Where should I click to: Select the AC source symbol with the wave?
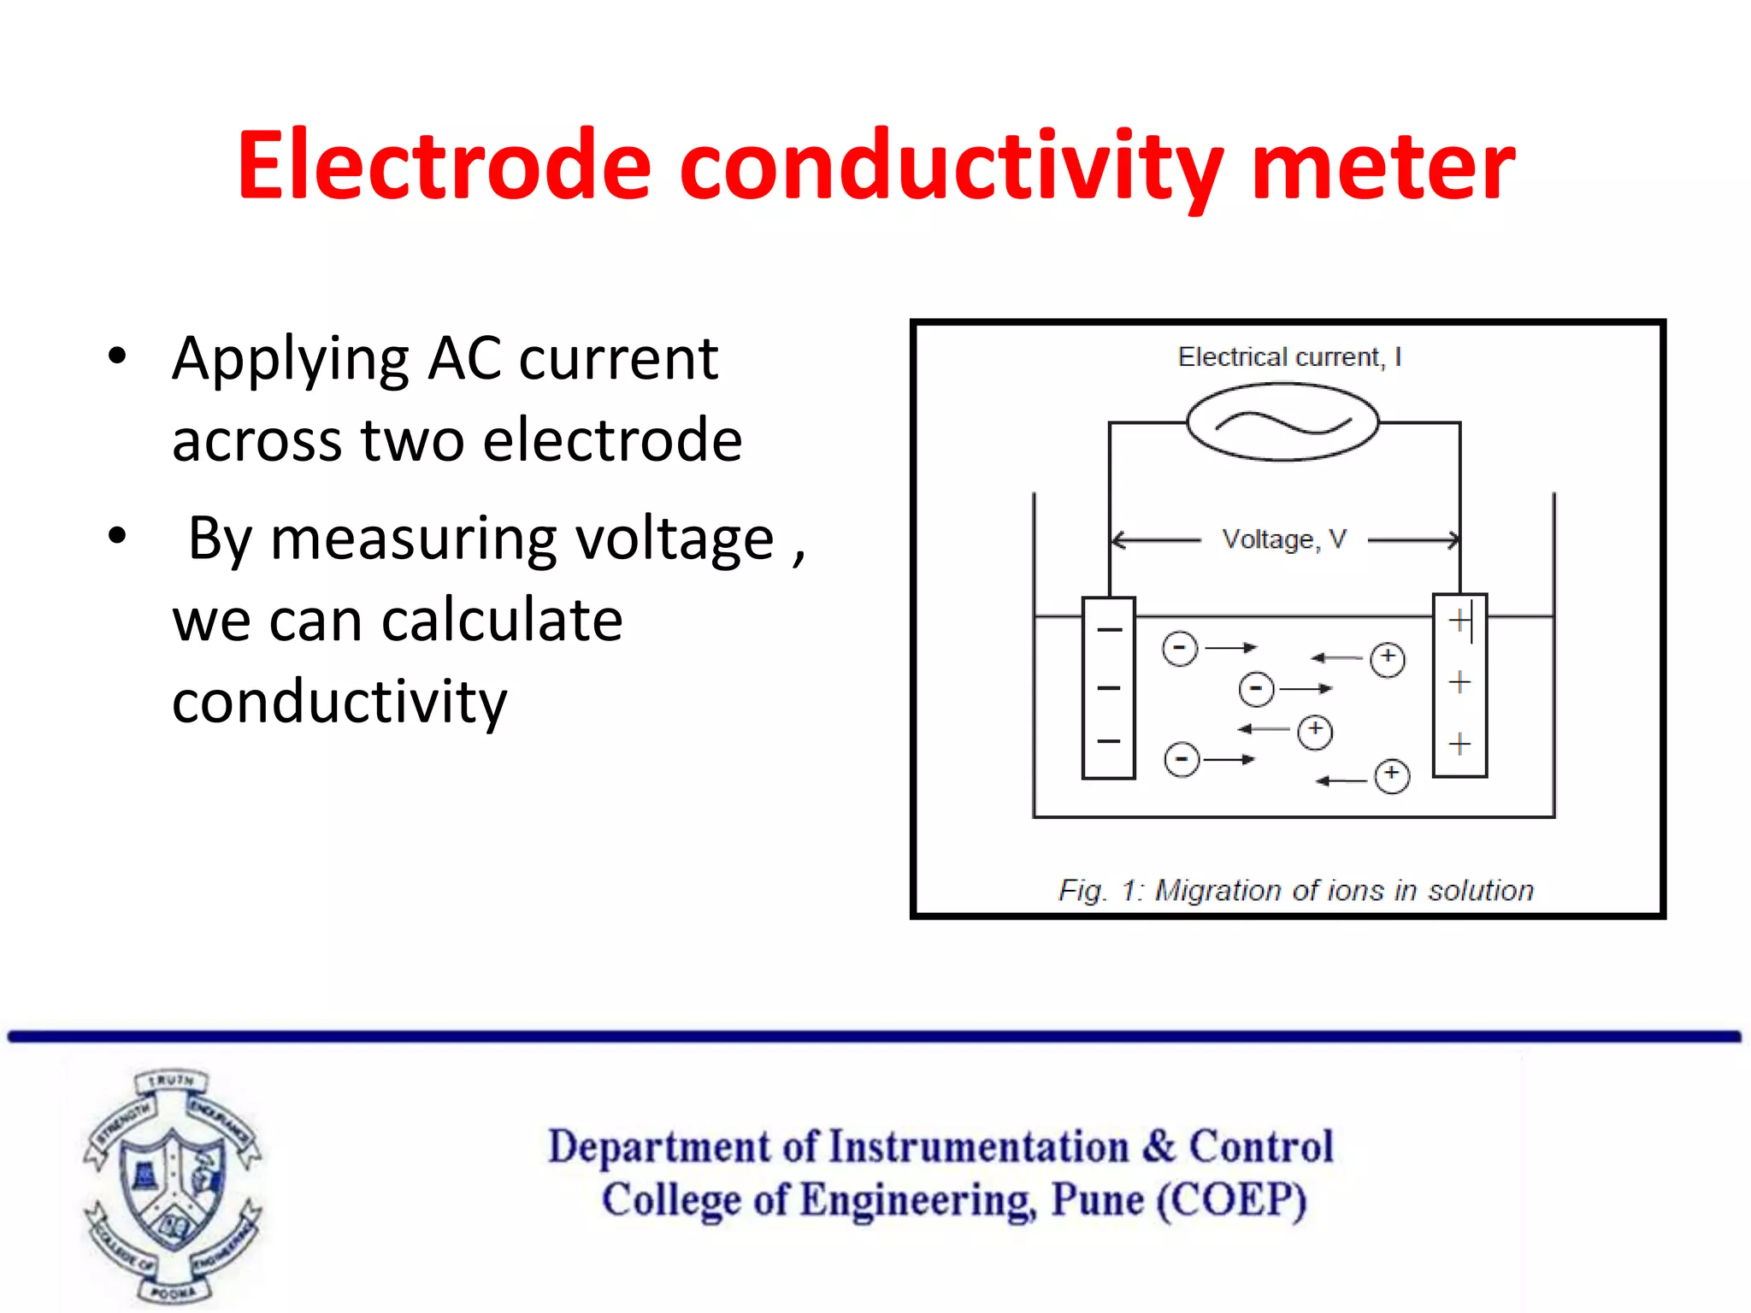click(1282, 422)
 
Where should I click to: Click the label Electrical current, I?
click(1289, 356)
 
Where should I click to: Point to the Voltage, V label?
click(1284, 539)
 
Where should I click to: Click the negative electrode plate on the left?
click(1109, 688)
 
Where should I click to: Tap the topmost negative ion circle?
click(1180, 649)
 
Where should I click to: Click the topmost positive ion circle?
click(1387, 659)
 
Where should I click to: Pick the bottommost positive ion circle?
click(1392, 776)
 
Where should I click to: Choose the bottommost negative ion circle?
click(1182, 759)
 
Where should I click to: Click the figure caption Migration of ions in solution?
click(1296, 891)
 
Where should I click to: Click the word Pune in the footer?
click(1097, 1199)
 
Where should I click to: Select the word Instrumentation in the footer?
click(979, 1146)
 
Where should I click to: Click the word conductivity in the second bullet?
click(339, 701)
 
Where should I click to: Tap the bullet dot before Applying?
click(117, 356)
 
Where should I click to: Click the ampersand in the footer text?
click(1158, 1146)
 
